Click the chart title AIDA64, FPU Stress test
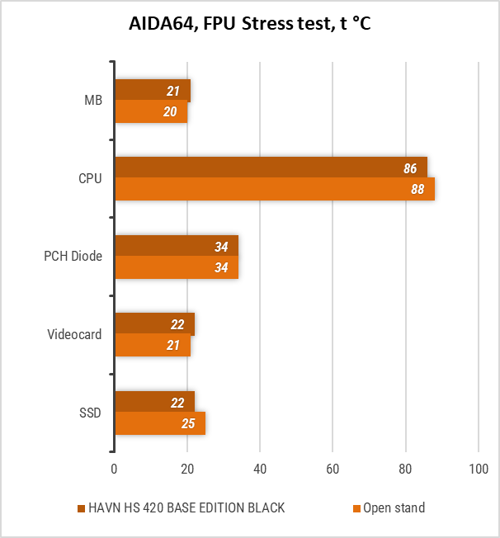249,23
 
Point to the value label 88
417,190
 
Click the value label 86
410,168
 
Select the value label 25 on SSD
189,424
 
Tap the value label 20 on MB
171,112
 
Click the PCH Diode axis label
73,257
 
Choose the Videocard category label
74,335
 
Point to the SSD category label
90,413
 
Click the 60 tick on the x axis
333,470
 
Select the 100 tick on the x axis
479,470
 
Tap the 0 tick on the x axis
115,470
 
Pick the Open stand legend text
394,508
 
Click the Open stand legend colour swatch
356,508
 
